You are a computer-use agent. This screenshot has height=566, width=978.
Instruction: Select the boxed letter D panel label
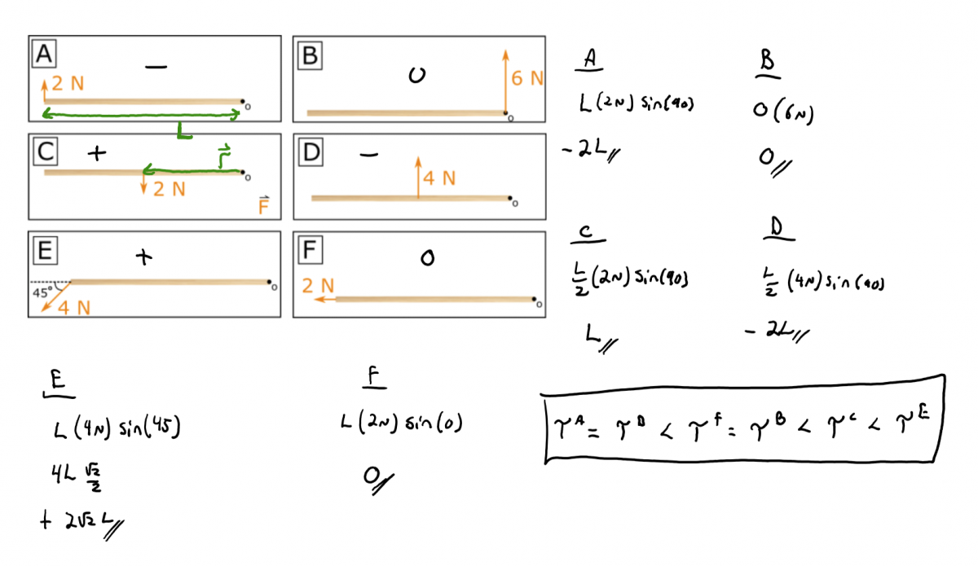click(310, 151)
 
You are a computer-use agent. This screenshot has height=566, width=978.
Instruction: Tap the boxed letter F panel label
click(310, 250)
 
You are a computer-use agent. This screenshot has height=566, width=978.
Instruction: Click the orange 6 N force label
click(527, 78)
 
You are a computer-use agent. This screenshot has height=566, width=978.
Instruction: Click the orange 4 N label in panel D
click(438, 177)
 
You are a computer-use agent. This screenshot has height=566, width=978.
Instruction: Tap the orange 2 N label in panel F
click(318, 286)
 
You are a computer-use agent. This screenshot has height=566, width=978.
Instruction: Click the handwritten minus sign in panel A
click(156, 68)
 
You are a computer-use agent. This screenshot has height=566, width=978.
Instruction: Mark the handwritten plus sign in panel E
click(144, 257)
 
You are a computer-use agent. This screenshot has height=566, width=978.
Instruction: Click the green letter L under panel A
click(185, 130)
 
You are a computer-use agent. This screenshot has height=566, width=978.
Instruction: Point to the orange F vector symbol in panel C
click(263, 204)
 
